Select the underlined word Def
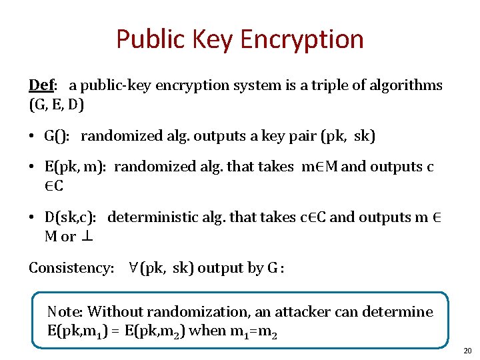(x=41, y=85)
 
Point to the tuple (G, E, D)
(x=56, y=105)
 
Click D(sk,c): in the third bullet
(x=71, y=217)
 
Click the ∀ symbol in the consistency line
(x=133, y=267)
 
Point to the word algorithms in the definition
(x=404, y=85)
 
